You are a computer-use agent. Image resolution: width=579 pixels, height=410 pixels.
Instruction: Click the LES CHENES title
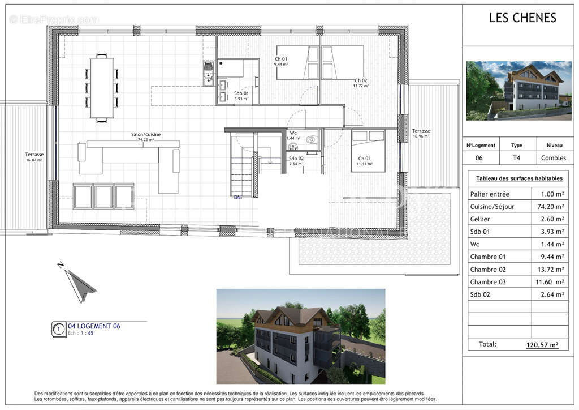pos(522,18)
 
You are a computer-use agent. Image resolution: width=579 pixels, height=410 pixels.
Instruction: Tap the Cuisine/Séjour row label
pos(492,207)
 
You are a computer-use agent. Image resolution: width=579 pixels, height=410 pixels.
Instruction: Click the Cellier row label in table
pos(480,219)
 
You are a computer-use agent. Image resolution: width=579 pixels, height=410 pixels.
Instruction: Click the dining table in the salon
pos(102,88)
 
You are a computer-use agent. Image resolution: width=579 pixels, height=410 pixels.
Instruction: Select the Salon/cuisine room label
pos(146,135)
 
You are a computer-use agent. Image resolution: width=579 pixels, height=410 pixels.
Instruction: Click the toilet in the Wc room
pos(310,139)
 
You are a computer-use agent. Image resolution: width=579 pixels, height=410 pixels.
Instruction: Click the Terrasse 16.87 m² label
pos(34,157)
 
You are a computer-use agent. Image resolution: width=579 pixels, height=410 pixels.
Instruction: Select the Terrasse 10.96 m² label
pos(421,133)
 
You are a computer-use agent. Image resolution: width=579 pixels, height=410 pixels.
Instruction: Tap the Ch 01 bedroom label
pos(282,59)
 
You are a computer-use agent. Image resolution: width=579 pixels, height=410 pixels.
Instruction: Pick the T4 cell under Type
pos(516,158)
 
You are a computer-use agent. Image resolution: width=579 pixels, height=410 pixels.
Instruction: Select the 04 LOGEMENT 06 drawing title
pos(94,326)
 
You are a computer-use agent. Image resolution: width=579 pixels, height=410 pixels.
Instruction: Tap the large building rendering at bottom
pos(300,336)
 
